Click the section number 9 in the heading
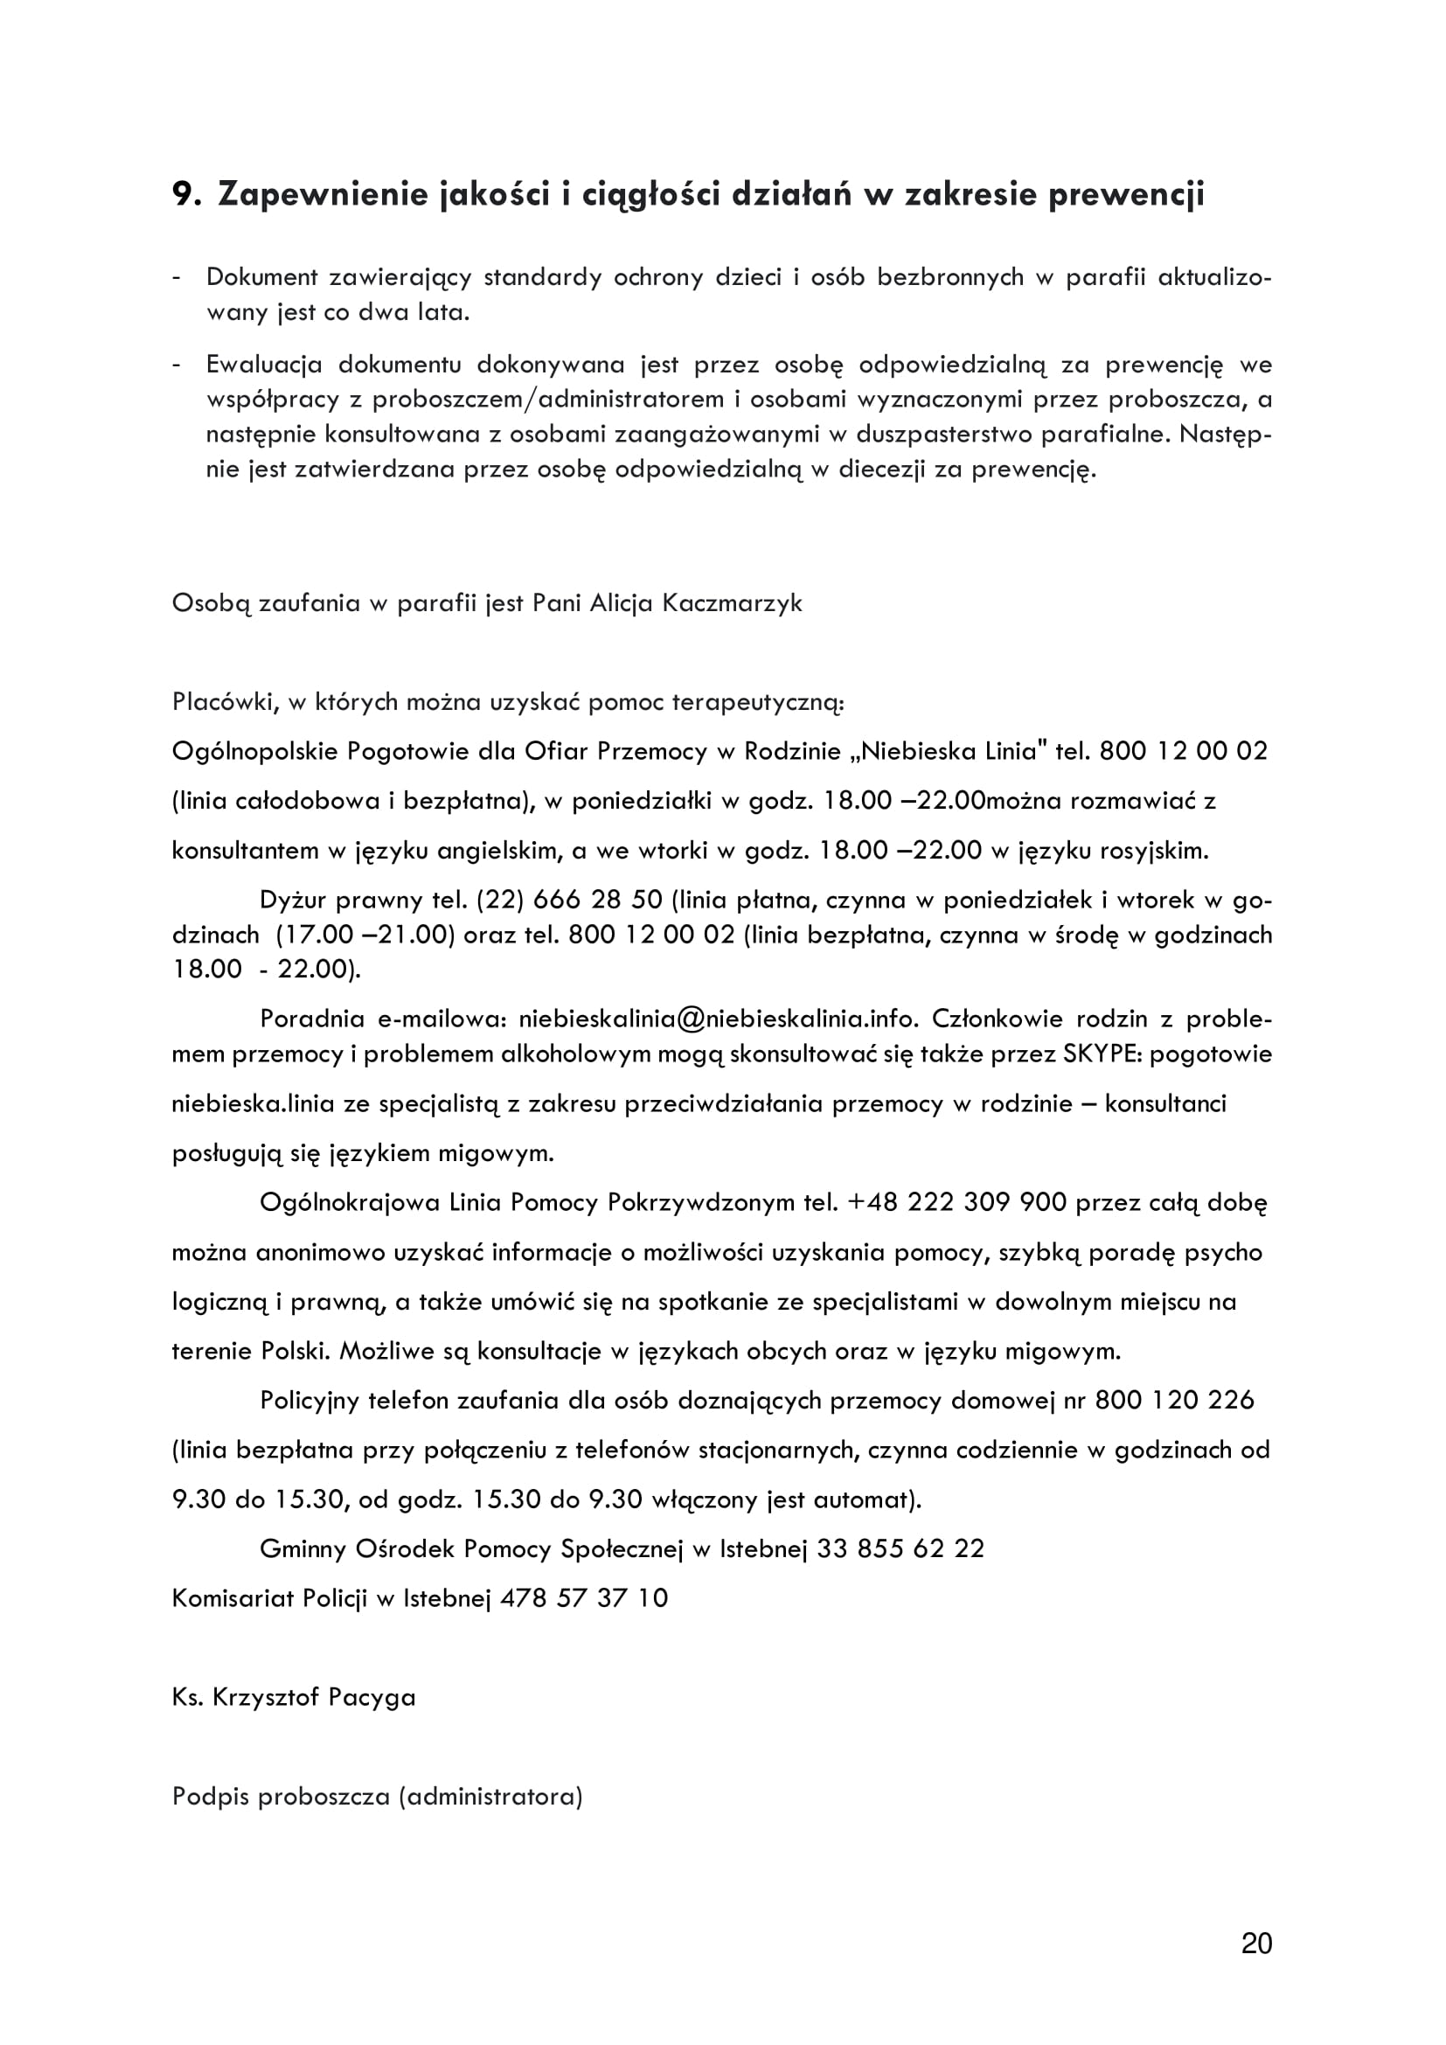184,194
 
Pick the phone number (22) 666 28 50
570,900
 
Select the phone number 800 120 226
1174,1400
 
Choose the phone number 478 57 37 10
584,1598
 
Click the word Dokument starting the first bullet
261,277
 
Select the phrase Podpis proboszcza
282,1797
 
